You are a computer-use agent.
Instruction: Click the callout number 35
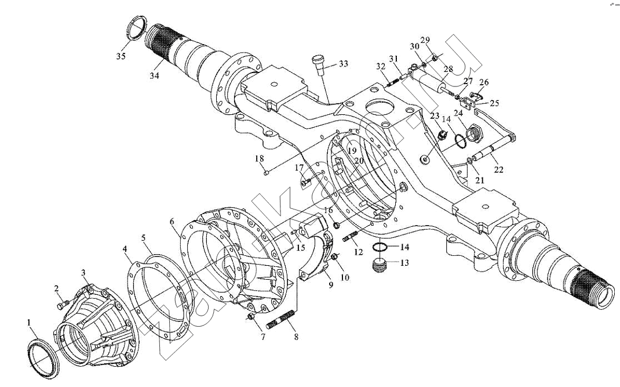(120, 56)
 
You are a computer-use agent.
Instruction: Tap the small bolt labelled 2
(63, 302)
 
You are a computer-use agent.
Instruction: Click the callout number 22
(498, 170)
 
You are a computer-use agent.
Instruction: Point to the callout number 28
(448, 69)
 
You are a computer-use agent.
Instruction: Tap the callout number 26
(484, 82)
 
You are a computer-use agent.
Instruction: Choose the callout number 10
(345, 277)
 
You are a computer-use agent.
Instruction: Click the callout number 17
(299, 168)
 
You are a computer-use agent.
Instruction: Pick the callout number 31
(394, 59)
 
